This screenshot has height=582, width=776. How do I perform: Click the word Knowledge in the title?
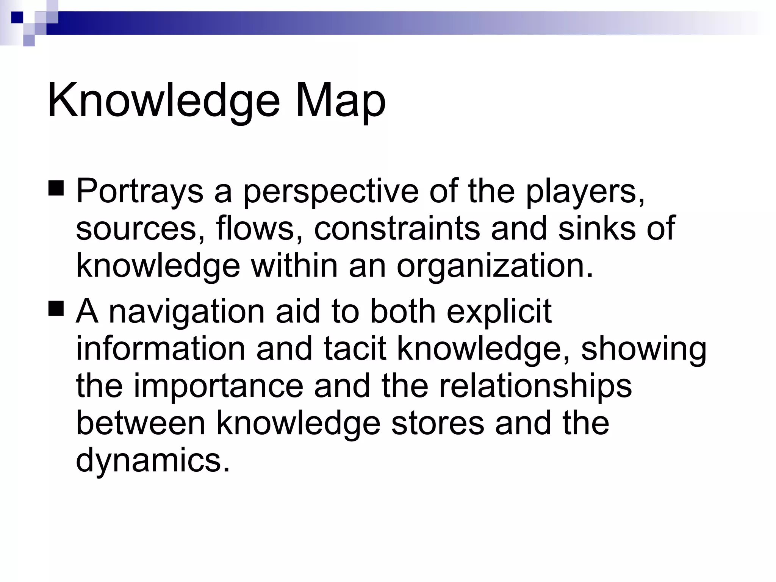(x=163, y=100)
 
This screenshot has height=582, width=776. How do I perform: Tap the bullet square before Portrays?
(x=56, y=188)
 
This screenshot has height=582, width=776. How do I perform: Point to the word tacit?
(x=355, y=349)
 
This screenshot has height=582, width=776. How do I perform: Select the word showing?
(x=644, y=349)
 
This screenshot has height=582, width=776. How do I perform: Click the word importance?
(x=218, y=386)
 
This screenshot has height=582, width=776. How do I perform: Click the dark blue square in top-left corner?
(x=17, y=17)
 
